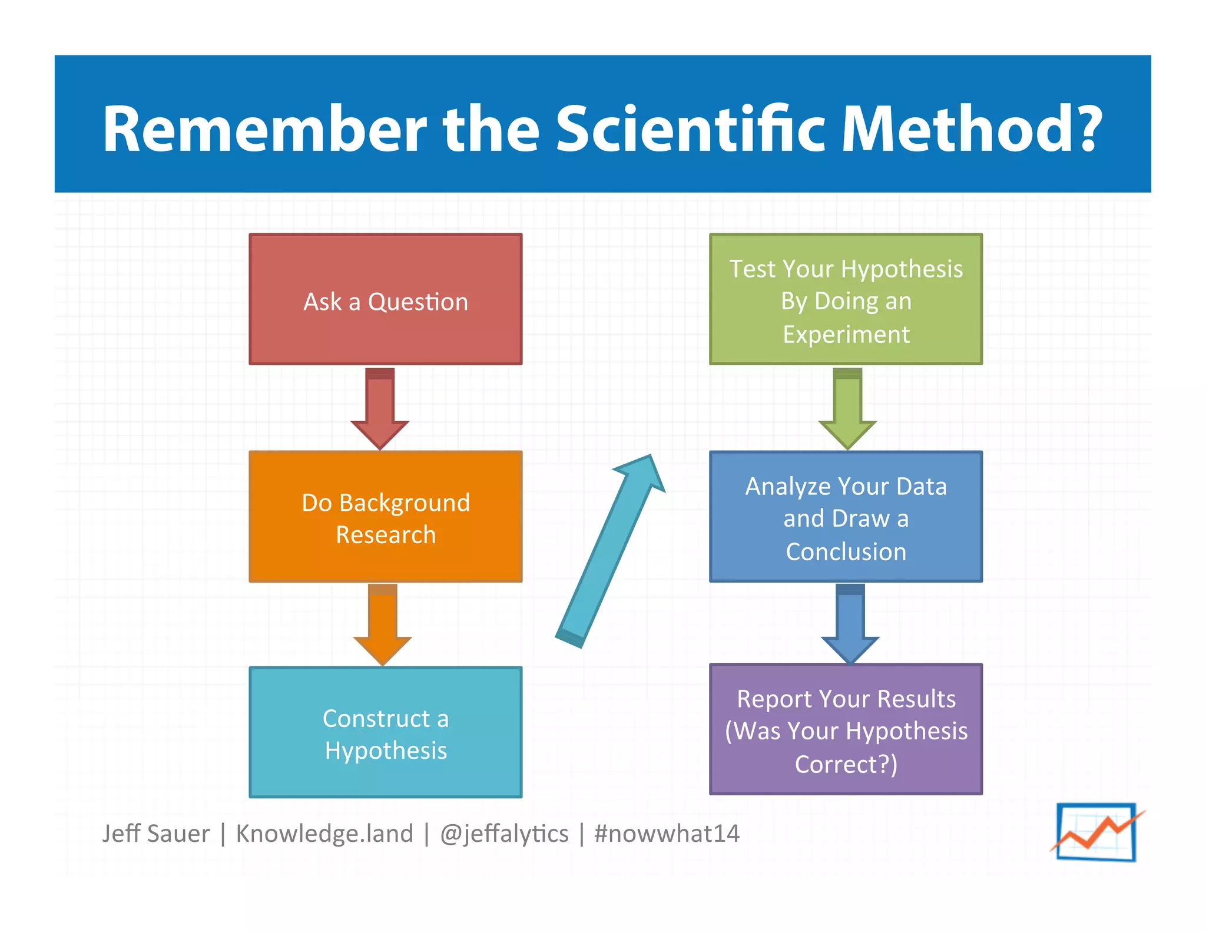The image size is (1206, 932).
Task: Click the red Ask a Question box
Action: pos(385,299)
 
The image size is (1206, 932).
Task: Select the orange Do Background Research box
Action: pos(385,517)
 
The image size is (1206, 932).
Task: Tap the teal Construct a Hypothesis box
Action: pos(385,732)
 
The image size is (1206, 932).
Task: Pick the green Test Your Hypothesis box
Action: pos(846,299)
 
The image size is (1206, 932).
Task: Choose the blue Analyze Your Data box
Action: pos(846,517)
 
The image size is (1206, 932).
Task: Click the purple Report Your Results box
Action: pos(846,729)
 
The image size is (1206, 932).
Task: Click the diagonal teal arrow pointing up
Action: pos(609,551)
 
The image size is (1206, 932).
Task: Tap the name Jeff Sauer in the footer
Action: pos(155,834)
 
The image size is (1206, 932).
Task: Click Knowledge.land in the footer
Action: pos(324,834)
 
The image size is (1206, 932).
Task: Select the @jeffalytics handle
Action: pos(504,834)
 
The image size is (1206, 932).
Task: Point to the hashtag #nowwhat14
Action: pos(667,834)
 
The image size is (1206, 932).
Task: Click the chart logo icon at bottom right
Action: pos(1096,832)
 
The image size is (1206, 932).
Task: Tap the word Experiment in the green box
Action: pos(846,335)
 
